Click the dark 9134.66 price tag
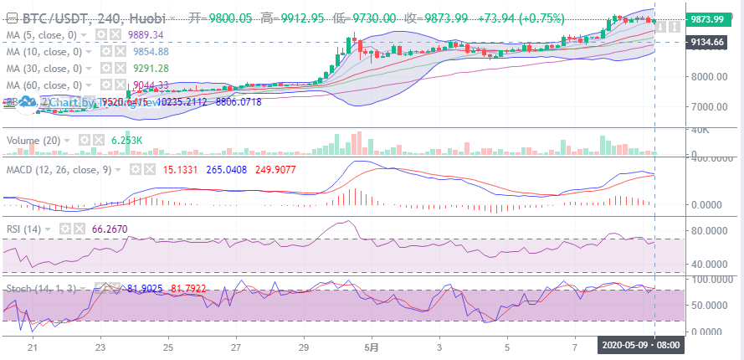tap(708, 42)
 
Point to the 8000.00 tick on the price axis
tap(708, 76)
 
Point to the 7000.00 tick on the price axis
tap(708, 107)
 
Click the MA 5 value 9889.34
tap(146, 34)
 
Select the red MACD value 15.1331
tap(180, 168)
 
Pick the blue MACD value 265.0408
tap(228, 168)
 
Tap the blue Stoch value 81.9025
tap(145, 288)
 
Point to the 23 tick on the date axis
tap(100, 346)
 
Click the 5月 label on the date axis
tap(373, 346)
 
